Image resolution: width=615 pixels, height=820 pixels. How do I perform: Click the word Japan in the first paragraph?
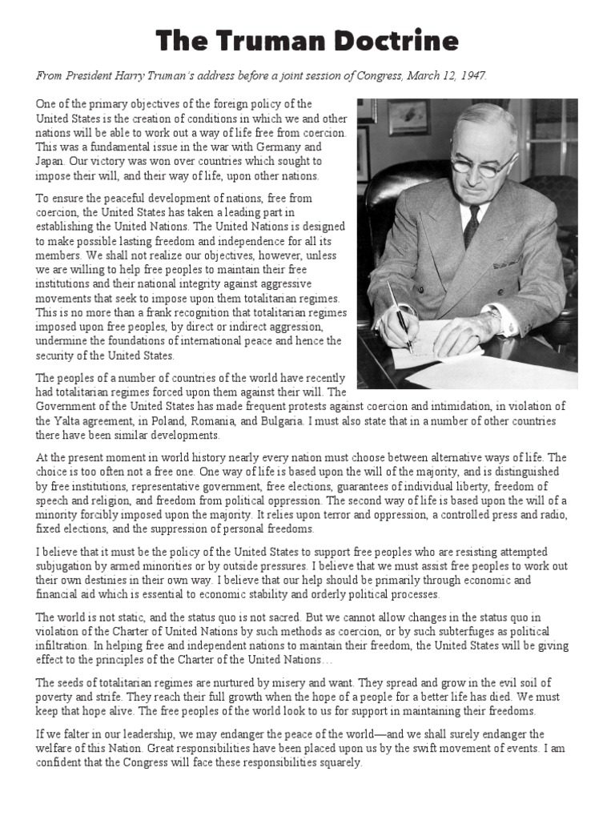pyautogui.click(x=50, y=162)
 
